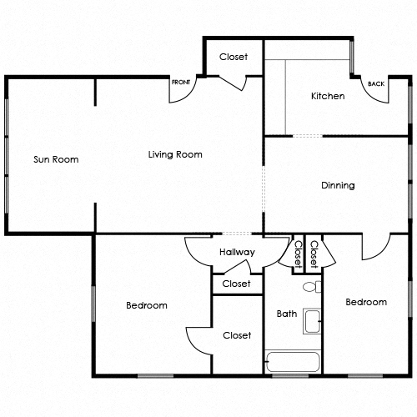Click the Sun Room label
coord(56,159)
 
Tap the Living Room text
coord(175,154)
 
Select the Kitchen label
coord(328,96)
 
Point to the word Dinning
coord(338,185)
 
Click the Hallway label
coord(237,252)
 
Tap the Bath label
coord(287,314)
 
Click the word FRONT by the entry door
coord(181,83)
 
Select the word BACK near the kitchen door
coord(376,83)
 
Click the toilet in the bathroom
coord(309,288)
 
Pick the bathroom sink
coord(312,322)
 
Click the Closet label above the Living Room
coord(234,57)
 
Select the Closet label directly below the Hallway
coord(237,284)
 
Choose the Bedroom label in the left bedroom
coord(147,305)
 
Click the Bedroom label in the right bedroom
coord(366,302)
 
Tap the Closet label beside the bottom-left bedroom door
coord(237,335)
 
